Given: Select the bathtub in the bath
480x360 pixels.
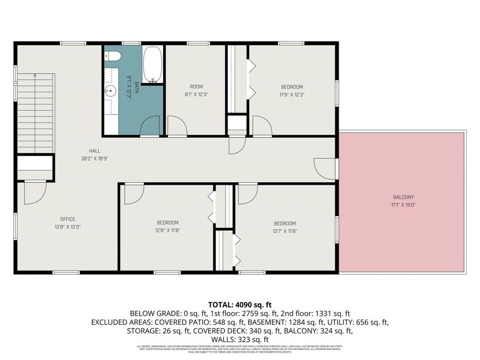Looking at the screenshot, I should (153, 65).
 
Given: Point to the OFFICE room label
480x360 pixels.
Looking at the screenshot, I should (67, 219).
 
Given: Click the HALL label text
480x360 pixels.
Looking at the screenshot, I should (94, 151).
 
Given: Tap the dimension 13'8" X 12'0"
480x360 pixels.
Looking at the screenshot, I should (67, 227).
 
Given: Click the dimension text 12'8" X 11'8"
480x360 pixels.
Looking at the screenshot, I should (167, 230).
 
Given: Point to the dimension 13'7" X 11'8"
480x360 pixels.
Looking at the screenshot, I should (285, 230).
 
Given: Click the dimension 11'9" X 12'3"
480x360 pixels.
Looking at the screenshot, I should (292, 94).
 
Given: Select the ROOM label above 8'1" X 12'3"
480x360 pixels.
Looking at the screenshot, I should (196, 86).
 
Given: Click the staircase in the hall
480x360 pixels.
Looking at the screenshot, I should (36, 113).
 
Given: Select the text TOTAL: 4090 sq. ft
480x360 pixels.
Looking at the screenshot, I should (240, 304).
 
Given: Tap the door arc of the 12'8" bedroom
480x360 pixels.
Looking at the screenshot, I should (134, 194).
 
